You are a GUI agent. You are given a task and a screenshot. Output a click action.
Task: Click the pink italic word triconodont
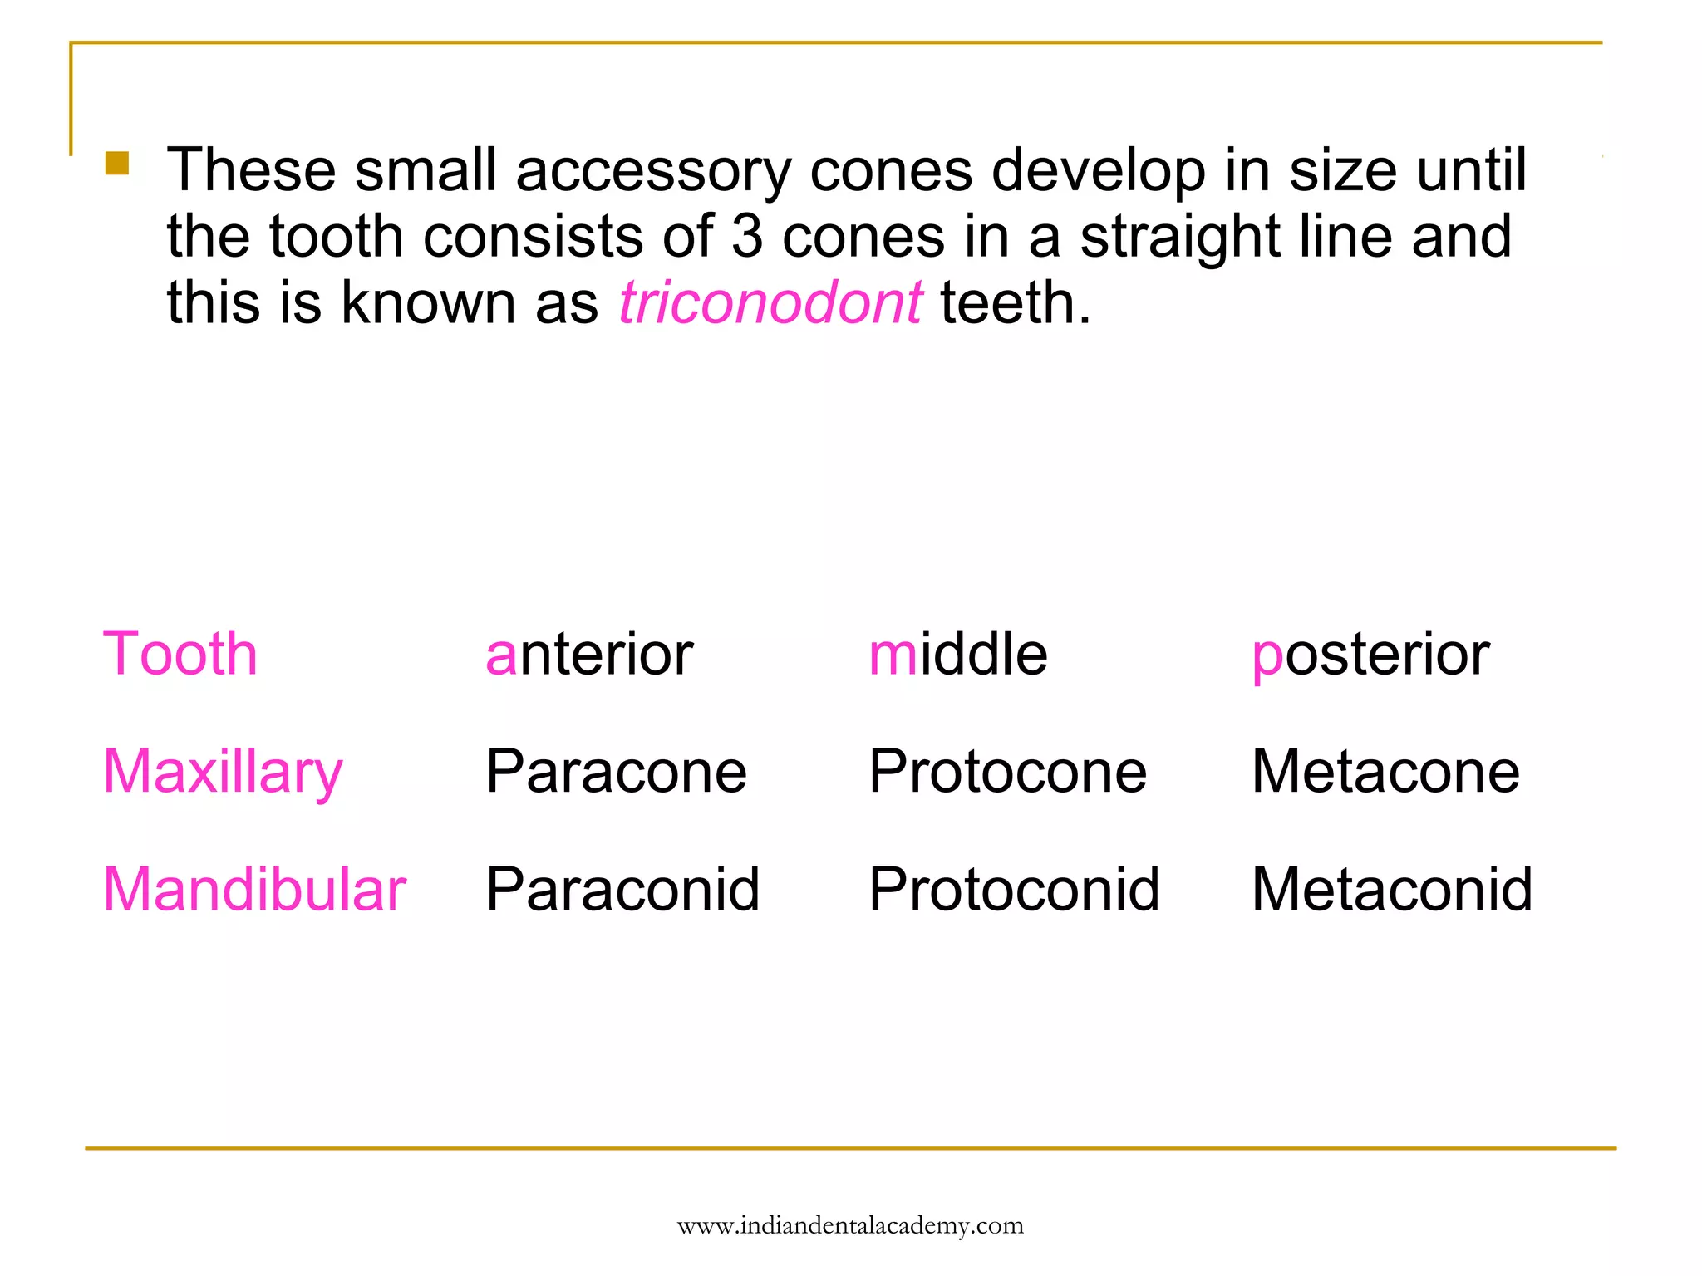point(770,302)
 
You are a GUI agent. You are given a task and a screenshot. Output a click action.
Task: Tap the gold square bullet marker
point(117,163)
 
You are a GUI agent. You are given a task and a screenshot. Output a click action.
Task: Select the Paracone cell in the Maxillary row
point(616,772)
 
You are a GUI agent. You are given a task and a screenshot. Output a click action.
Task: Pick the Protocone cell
point(1007,772)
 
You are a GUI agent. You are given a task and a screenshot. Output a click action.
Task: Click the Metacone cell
point(1385,772)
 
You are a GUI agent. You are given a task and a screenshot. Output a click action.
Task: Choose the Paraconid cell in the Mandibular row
point(622,890)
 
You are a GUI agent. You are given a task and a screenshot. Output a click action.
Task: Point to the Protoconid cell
point(1014,890)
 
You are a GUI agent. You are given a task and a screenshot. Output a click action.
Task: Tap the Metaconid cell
point(1392,890)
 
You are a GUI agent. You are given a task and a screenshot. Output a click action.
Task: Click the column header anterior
point(588,655)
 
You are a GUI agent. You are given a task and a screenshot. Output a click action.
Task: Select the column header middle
point(957,655)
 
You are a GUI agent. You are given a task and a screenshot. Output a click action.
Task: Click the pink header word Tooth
point(180,654)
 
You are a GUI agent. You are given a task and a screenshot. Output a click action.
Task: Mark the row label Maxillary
point(223,773)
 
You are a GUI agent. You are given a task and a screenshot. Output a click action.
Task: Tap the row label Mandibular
point(254,890)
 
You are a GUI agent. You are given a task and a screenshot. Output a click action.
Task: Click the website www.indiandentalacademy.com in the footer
point(850,1225)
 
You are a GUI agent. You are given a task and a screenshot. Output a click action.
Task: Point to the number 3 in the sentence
point(747,236)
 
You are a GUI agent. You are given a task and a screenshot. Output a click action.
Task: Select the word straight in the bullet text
point(1179,238)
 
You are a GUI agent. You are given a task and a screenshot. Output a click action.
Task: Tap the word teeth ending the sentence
point(1014,302)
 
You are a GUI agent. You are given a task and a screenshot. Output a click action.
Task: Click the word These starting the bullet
point(251,170)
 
